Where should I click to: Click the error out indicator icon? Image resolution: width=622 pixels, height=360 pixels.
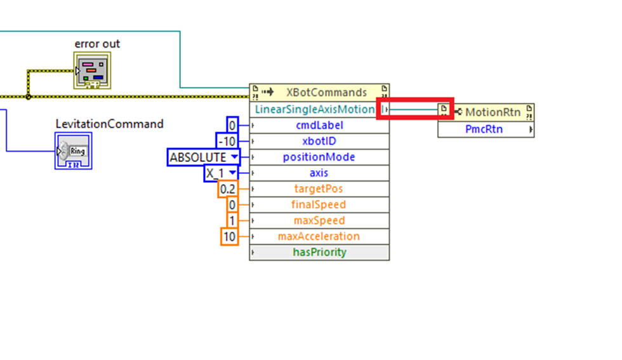(92, 70)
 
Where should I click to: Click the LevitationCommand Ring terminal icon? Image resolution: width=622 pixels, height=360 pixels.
(73, 150)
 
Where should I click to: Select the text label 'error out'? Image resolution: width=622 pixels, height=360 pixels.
(97, 44)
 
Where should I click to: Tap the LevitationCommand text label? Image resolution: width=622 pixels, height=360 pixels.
(109, 124)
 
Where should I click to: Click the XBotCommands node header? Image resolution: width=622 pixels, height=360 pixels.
(319, 93)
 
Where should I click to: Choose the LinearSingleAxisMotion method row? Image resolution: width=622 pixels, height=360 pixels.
(315, 109)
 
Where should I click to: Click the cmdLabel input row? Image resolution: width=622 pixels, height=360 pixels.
(319, 125)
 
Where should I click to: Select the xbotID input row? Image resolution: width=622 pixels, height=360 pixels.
(319, 141)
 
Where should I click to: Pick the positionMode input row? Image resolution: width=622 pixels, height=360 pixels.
(319, 157)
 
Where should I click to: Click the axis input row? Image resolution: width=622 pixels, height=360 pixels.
(319, 173)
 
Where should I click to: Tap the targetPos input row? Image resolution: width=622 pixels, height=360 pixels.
(319, 189)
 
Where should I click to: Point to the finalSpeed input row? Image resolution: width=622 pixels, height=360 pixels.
(319, 204)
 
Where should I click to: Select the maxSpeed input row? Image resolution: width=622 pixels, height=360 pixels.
(319, 220)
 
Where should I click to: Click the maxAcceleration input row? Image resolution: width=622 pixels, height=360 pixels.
(319, 236)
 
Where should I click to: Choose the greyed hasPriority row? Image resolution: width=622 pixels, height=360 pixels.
(319, 252)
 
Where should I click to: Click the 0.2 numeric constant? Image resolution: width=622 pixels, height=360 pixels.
(227, 189)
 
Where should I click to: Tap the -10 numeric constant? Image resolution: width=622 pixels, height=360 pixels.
(227, 141)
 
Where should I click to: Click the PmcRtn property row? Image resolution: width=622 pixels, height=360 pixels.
(486, 129)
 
